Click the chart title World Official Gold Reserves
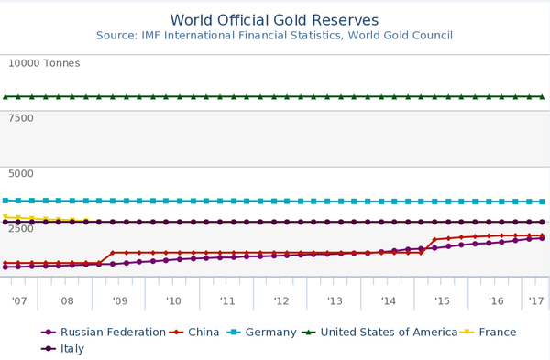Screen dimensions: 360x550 [274, 20]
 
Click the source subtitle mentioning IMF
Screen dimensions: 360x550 [274, 36]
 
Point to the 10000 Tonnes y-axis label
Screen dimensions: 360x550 [44, 63]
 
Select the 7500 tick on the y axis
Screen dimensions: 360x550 [21, 118]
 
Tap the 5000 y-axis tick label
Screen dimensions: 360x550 [21, 173]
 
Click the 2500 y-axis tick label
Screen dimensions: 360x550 [21, 228]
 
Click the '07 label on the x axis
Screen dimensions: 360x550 [18, 300]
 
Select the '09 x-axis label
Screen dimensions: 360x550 [119, 300]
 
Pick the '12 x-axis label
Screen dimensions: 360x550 [280, 300]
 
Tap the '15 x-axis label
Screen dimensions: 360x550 [442, 300]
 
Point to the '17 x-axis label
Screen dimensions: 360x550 [536, 300]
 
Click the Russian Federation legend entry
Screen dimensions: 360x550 [104, 332]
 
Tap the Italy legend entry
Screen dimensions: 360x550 [68, 349]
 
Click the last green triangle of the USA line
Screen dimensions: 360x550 [542, 96]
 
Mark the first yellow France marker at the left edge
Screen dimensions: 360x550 [5, 217]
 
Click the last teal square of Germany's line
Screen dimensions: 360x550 [542, 202]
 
